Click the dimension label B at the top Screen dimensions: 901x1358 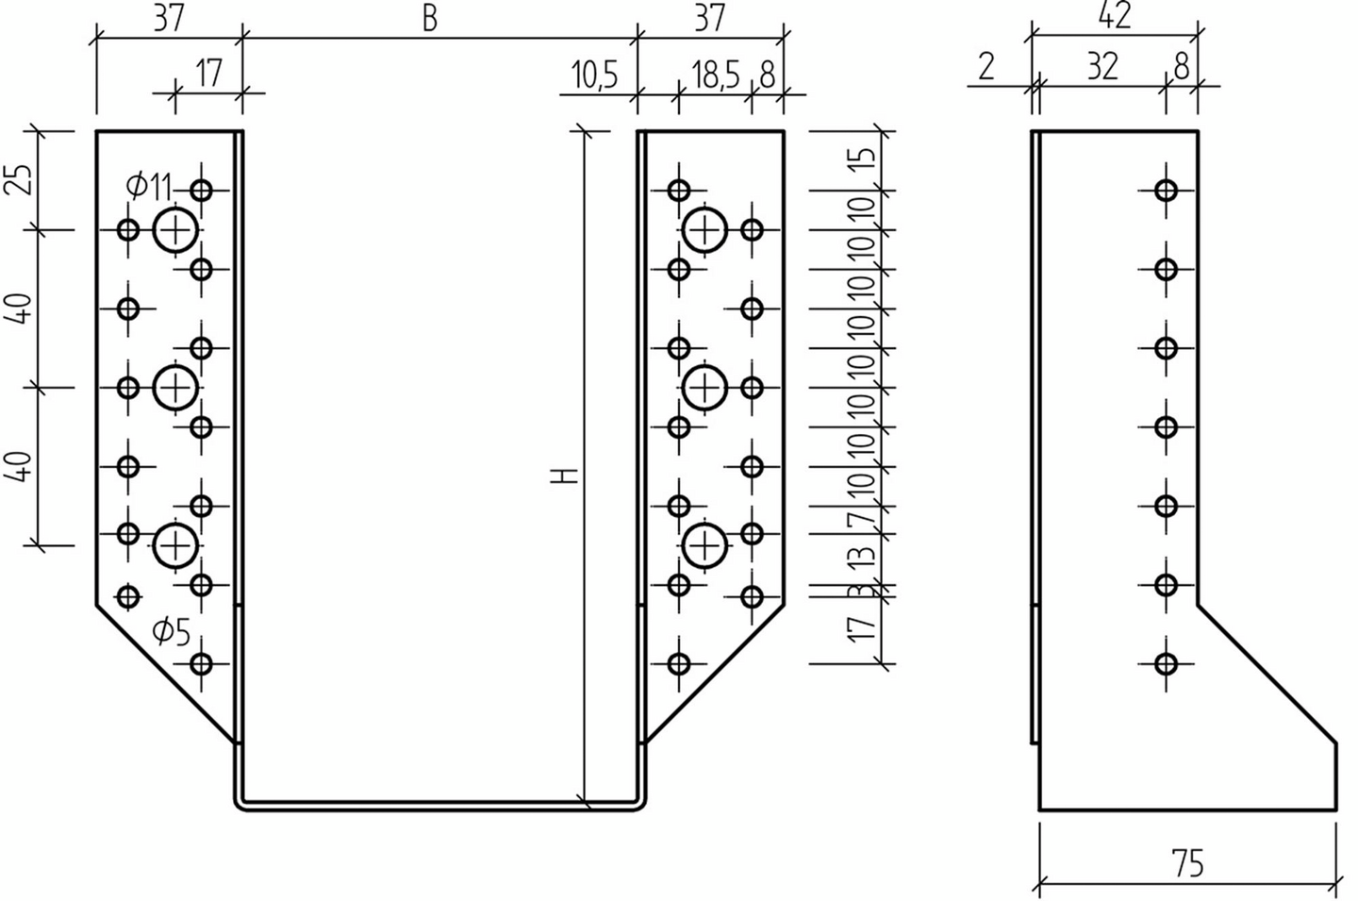click(430, 19)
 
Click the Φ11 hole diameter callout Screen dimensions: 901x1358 click(148, 187)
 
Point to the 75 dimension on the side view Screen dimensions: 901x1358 click(1188, 864)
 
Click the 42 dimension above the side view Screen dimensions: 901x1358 click(1115, 16)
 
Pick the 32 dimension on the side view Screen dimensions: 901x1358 click(1101, 66)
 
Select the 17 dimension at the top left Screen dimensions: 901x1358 click(208, 74)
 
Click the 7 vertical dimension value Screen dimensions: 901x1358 click(864, 519)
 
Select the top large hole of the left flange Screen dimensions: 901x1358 click(175, 230)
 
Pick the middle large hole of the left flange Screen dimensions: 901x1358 click(175, 387)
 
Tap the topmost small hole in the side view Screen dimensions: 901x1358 click(1167, 191)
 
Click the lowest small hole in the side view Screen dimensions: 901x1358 click(1167, 663)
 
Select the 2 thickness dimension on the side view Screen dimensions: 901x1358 click(986, 66)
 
